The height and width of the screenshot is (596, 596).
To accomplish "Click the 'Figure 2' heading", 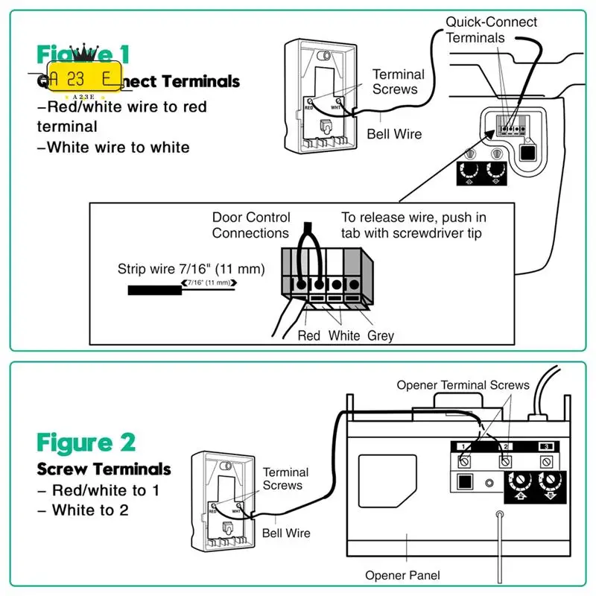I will click(x=86, y=443).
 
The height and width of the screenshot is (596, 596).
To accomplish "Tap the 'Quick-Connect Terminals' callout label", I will click(x=491, y=30).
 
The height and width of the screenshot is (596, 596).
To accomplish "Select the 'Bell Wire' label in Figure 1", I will click(x=394, y=134).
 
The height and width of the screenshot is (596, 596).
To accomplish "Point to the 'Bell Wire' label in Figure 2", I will click(x=286, y=533).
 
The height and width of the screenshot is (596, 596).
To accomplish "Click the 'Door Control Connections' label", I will click(x=250, y=225).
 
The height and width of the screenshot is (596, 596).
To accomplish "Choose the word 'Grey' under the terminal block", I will click(x=381, y=335).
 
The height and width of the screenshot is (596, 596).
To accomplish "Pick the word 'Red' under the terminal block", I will click(x=308, y=335).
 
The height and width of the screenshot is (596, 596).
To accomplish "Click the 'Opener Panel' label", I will click(x=402, y=575).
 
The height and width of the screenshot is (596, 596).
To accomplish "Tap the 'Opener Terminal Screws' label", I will click(x=463, y=385).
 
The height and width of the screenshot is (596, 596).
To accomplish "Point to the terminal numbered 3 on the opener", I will click(x=546, y=446).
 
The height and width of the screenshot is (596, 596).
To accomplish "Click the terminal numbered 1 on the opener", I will click(x=462, y=446).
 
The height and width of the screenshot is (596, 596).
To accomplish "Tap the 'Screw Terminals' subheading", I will click(x=104, y=469).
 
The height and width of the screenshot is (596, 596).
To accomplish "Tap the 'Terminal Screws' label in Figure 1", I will click(x=399, y=81).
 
